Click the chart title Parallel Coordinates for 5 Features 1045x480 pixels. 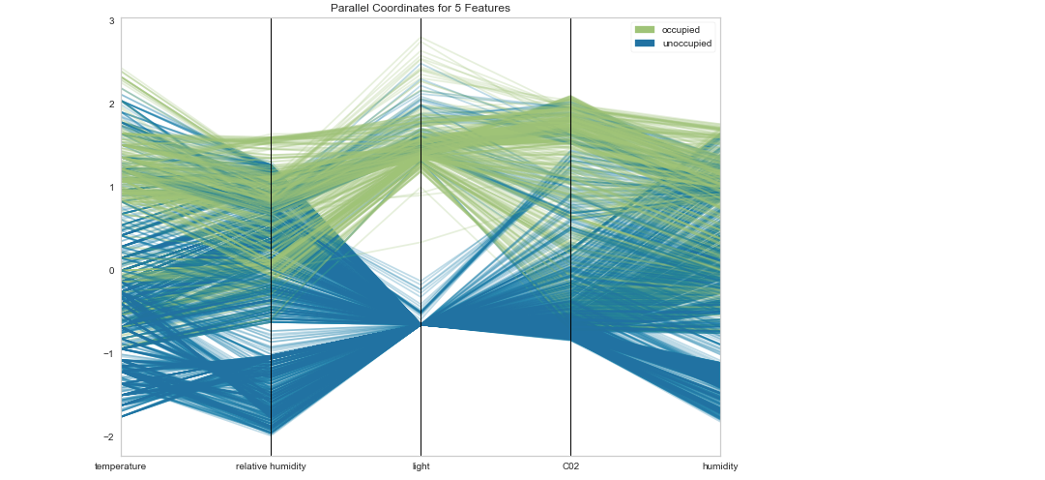coord(420,8)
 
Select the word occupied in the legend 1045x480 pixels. coord(682,30)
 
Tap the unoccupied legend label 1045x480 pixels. coord(686,44)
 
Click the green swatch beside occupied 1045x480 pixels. coord(644,30)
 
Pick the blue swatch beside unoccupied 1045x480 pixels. coord(644,44)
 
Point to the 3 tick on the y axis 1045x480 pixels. coord(111,20)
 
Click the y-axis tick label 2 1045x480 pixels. coord(111,104)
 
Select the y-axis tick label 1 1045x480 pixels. coord(111,187)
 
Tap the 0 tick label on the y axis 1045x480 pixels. coord(111,270)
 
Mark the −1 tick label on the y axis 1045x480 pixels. coord(109,353)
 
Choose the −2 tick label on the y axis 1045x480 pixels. coord(109,436)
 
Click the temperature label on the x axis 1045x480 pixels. coord(120,466)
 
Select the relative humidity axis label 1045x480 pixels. coord(271,466)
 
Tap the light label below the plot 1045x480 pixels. coord(421,466)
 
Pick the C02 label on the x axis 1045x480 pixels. coord(570,466)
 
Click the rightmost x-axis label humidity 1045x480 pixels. coord(720,466)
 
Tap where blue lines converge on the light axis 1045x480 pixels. coord(421,325)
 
